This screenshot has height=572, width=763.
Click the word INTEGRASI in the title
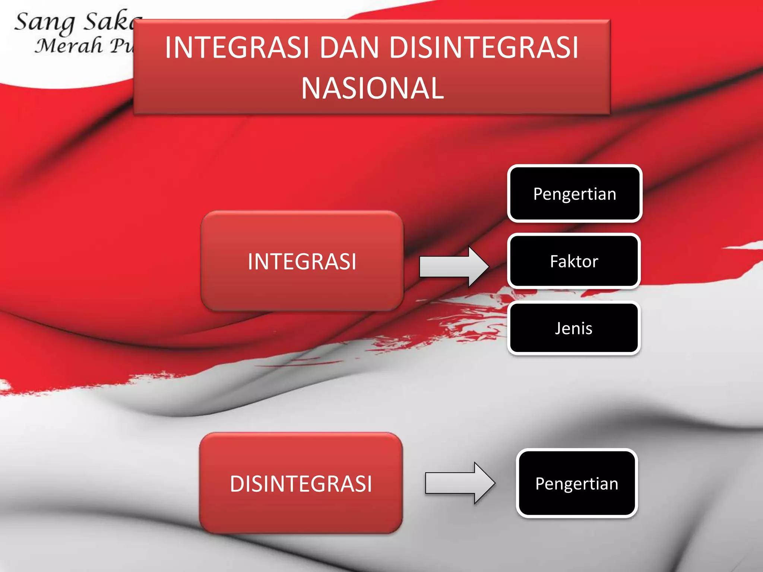tap(237, 48)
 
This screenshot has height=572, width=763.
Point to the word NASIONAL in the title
tap(372, 88)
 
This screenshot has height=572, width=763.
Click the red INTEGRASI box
tap(302, 261)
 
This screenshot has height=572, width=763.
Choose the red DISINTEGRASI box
tap(301, 483)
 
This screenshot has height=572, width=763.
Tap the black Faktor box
tap(574, 261)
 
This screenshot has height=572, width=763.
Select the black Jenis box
tap(574, 328)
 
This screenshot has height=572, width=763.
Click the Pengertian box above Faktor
tap(574, 194)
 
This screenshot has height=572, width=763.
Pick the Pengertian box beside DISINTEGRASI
tap(577, 483)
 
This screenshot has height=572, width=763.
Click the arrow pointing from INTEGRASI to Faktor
tap(454, 267)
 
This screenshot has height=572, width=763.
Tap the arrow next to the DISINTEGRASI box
tap(460, 483)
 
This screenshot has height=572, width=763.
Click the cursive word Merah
tap(69, 46)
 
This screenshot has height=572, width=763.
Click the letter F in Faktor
tap(554, 261)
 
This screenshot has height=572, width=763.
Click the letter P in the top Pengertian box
tap(538, 194)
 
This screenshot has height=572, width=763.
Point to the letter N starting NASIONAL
tap(310, 88)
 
